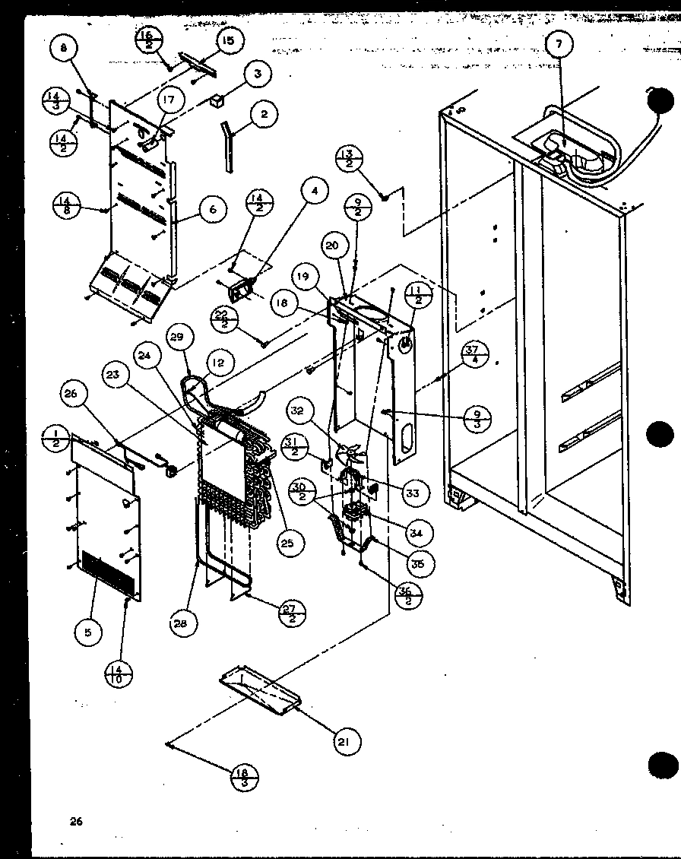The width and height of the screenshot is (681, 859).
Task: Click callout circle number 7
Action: (559, 45)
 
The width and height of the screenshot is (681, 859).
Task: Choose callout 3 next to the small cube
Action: (257, 74)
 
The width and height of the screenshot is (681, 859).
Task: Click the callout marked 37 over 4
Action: (474, 353)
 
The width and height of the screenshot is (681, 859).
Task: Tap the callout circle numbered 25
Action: (290, 542)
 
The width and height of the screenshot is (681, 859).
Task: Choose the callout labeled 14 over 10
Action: (120, 674)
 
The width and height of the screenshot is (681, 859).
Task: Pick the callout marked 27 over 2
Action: (291, 613)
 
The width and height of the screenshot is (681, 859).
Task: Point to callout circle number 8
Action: (64, 50)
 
